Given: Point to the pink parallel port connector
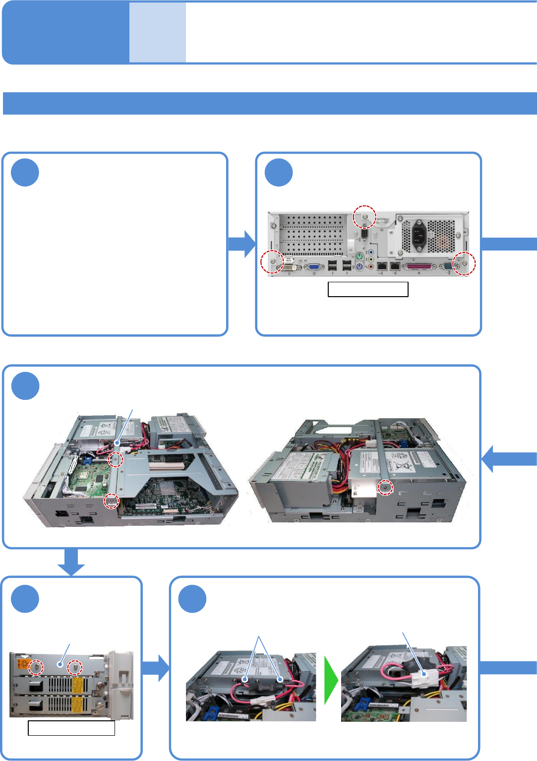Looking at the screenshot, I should click(x=418, y=267).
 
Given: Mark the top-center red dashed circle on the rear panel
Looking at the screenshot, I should click(x=364, y=217).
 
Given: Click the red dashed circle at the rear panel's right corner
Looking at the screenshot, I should click(x=465, y=263).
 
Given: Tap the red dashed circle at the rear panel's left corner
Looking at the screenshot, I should click(x=272, y=261).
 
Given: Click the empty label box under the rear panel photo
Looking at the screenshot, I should click(x=368, y=289).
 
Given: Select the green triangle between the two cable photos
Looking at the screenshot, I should click(x=330, y=680).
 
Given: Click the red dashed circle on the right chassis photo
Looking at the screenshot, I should click(x=385, y=488).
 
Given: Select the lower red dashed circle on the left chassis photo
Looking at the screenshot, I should click(x=112, y=501).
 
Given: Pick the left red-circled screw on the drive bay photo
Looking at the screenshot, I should click(x=36, y=667).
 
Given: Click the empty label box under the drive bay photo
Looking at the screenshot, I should click(x=71, y=728).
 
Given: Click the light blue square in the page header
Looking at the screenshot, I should click(x=158, y=33).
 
